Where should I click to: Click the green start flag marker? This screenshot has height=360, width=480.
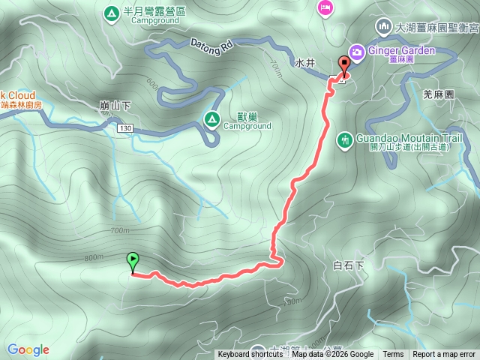click(x=133, y=262)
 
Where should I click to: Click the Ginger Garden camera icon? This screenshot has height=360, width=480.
click(x=358, y=51)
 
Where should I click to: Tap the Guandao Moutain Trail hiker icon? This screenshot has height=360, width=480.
click(x=345, y=139)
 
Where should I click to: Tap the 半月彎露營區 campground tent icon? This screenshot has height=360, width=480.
click(x=111, y=12)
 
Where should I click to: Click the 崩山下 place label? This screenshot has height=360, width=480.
click(x=115, y=106)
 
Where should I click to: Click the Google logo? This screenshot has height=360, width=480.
click(x=28, y=349)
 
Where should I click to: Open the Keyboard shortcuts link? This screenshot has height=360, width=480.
click(x=250, y=355)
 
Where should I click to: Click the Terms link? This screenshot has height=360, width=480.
click(x=393, y=355)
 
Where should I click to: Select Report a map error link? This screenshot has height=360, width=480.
click(x=444, y=355)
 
